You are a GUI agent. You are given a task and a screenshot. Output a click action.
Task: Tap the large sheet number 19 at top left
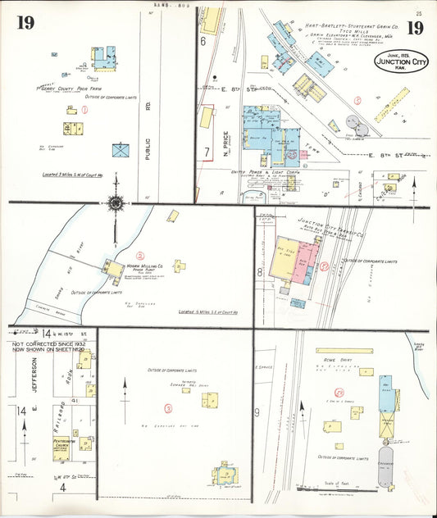tap(25, 23)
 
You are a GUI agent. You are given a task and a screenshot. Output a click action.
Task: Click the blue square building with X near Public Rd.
tap(120, 149)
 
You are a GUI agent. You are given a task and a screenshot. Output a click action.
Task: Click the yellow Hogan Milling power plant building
tap(112, 268)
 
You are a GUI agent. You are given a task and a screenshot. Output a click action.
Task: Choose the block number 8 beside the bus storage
tap(260, 271)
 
